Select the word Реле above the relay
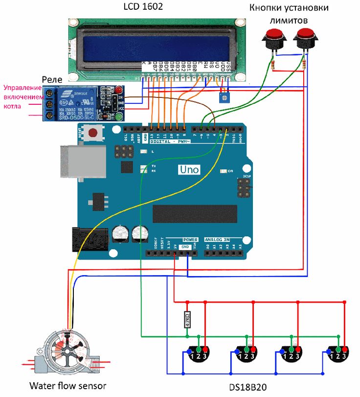coord(51,79)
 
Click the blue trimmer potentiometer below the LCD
coord(224,98)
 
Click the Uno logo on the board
coord(188,169)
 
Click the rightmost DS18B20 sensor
coord(338,352)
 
